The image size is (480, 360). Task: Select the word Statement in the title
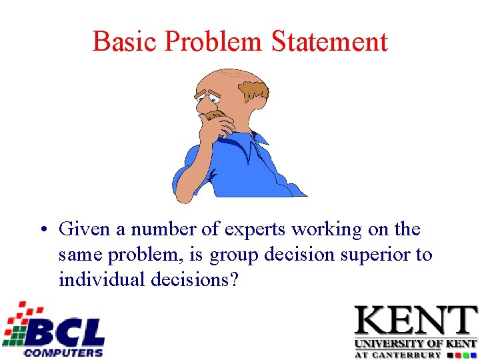329,41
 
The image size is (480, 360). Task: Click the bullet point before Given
42,231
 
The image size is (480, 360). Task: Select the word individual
103,279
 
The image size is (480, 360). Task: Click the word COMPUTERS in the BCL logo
64,351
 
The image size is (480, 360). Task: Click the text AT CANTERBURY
397,354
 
